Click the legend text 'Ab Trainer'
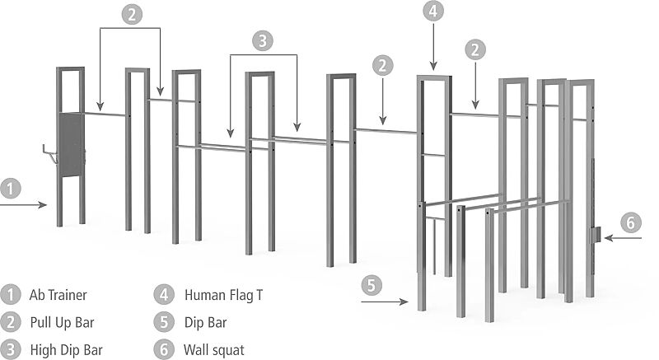point(58,294)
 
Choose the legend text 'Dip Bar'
point(205,322)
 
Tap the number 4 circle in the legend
point(164,294)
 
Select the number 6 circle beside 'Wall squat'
point(164,349)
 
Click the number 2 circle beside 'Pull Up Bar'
point(10,322)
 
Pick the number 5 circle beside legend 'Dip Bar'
point(164,322)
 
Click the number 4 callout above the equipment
point(434,12)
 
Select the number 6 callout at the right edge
point(629,222)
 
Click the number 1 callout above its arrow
point(9,188)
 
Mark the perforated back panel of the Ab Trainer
point(71,144)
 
